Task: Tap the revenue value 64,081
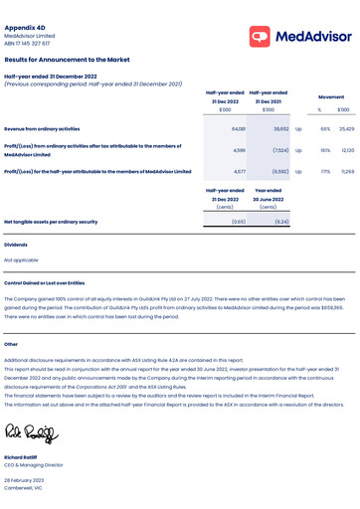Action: point(239,129)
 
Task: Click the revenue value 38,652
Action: point(281,129)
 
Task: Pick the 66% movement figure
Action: point(325,129)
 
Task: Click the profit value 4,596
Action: point(239,150)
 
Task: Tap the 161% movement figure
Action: point(325,150)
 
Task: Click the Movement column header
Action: point(331,96)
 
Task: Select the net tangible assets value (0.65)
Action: point(239,222)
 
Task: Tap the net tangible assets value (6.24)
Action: point(281,222)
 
